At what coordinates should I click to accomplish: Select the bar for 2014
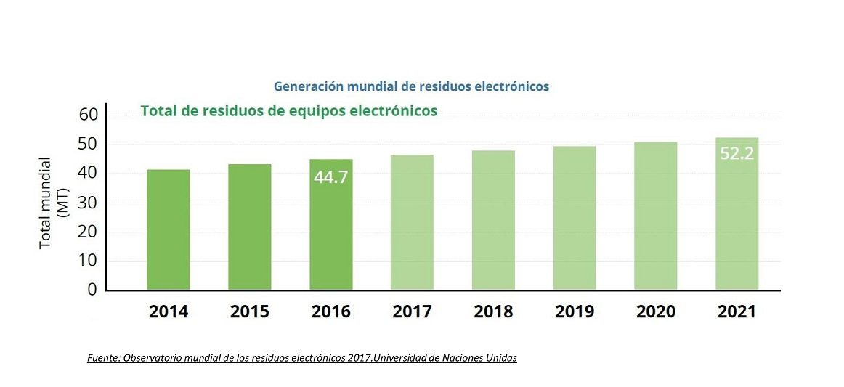coord(168,229)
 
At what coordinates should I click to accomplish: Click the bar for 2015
coord(249,227)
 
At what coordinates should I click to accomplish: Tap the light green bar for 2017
coord(412,222)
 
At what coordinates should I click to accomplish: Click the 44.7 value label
coord(330,176)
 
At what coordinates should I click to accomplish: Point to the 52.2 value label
coord(737,154)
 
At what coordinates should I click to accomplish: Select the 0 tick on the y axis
coord(92,290)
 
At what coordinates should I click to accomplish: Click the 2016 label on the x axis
coord(330,312)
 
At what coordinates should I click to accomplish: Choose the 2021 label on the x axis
coord(737,312)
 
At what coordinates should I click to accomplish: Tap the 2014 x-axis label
coord(169,312)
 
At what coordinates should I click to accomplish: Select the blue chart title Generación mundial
coord(411,86)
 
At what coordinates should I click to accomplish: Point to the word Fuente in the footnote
coord(102,358)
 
